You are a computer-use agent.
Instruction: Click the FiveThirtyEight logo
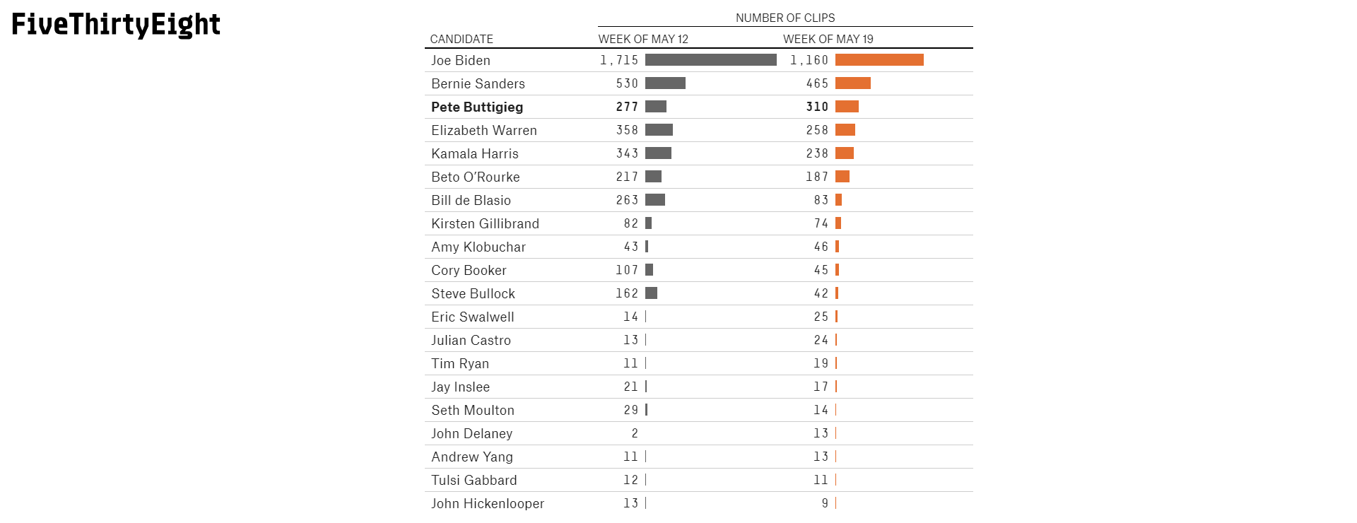pos(116,25)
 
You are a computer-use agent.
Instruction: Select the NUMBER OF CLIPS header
pos(785,18)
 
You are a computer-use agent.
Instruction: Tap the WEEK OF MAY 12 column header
pos(643,39)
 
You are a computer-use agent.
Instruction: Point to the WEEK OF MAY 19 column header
pos(828,39)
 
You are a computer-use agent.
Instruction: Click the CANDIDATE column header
pos(462,39)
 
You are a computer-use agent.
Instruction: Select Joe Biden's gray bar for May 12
pos(711,60)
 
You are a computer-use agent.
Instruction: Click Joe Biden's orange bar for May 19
pos(879,60)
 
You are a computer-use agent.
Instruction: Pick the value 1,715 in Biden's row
pos(619,60)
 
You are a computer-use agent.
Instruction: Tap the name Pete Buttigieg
pos(477,107)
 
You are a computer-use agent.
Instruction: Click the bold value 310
pos(817,107)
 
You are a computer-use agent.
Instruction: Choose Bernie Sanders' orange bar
pos(853,83)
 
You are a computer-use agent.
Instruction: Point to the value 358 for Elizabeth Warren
pos(627,130)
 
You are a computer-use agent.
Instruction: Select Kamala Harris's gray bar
pos(658,153)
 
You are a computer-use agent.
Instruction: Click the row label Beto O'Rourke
pos(476,177)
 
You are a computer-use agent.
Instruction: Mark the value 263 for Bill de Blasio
pos(627,200)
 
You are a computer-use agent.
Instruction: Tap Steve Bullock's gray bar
pos(651,293)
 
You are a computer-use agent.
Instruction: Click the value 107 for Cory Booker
pos(627,270)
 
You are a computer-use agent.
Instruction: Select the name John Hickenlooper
pos(488,503)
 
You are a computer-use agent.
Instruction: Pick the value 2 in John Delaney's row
pos(635,433)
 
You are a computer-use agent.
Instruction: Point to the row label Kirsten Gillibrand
pos(485,223)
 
